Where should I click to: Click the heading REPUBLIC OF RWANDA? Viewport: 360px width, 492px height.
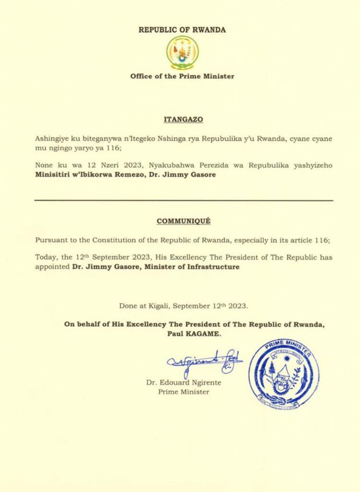click(x=182, y=30)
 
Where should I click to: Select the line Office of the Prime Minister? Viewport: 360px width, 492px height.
click(x=182, y=76)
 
